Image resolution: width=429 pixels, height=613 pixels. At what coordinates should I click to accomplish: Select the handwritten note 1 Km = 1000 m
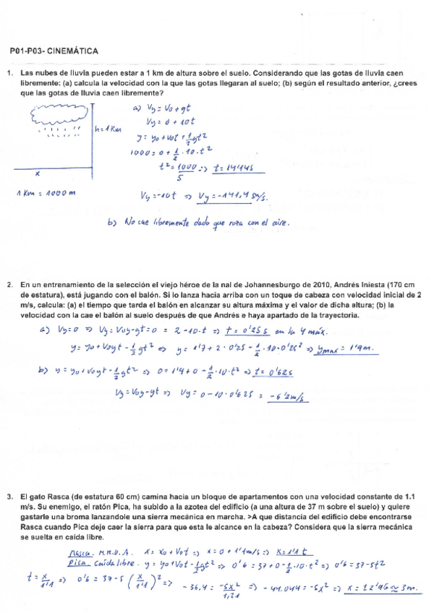46,193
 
